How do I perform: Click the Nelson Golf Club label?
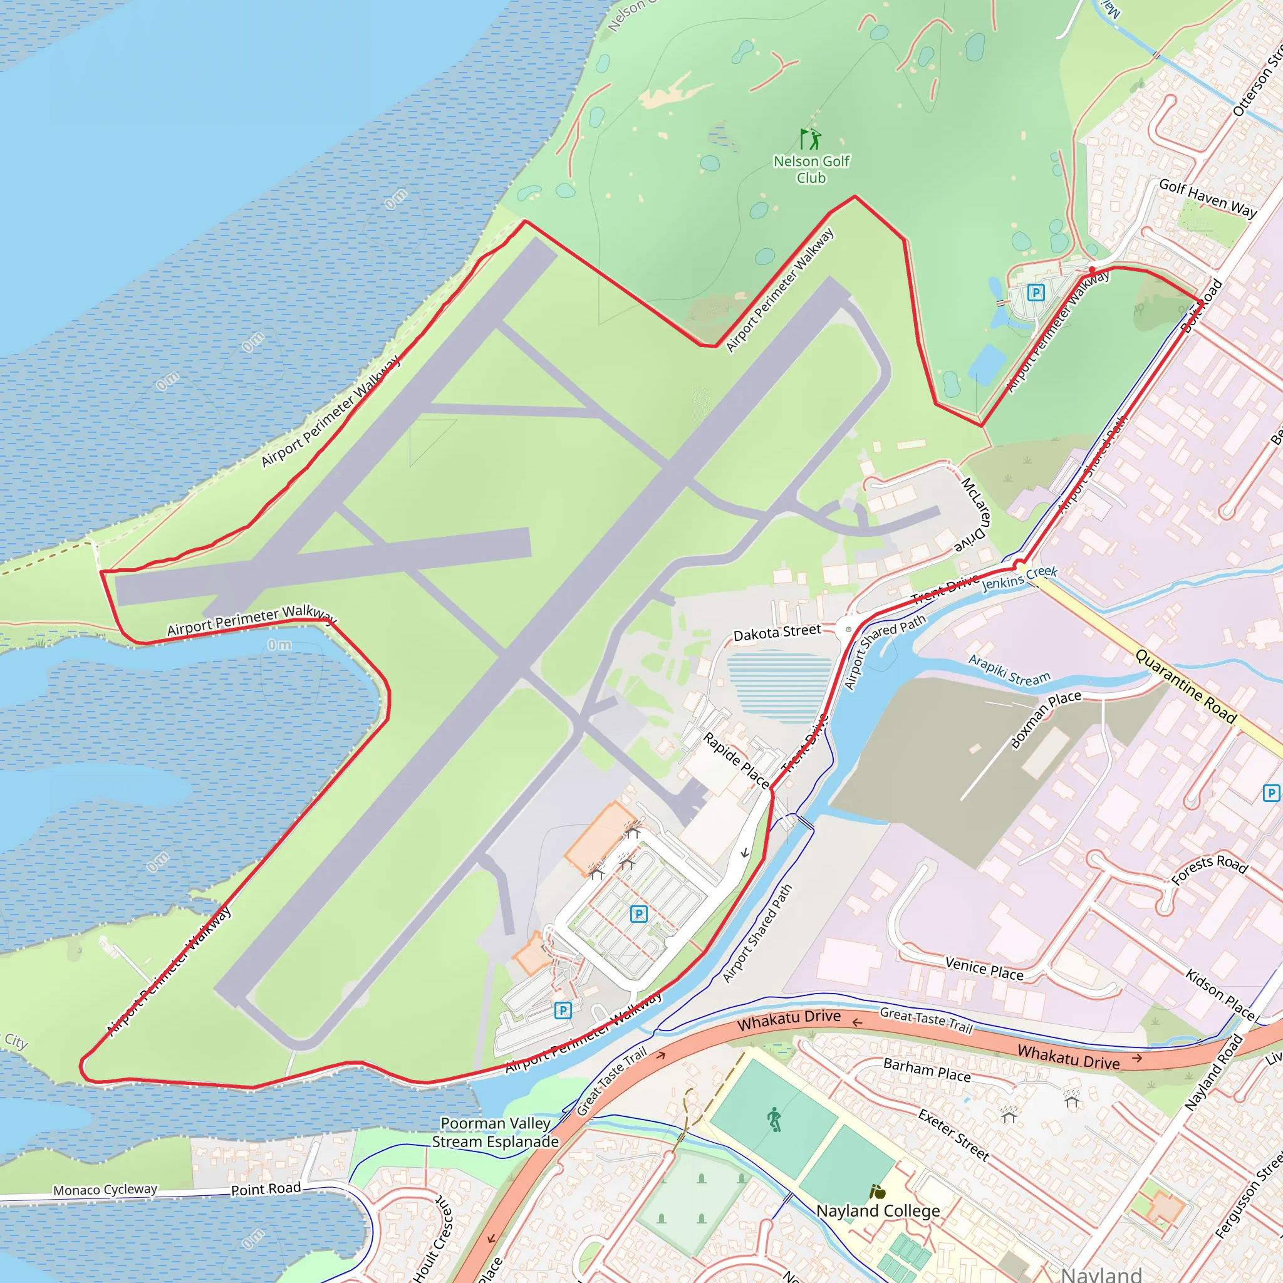[811, 169]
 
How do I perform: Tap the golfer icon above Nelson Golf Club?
[810, 139]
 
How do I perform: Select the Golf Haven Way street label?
[1207, 197]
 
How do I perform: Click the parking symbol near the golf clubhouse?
[1036, 292]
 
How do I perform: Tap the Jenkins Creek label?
[1019, 578]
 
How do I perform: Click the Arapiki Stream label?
[1009, 670]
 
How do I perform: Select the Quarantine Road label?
[1185, 686]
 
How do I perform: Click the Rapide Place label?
[737, 760]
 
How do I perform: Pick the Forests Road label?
[1209, 870]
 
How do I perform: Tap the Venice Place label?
[984, 969]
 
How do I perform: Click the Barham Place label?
[927, 1070]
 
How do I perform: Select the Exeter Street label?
[954, 1135]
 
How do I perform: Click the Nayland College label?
[878, 1210]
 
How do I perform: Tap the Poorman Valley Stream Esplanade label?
[496, 1132]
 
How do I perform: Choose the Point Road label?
[266, 1188]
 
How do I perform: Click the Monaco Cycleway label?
[105, 1190]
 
